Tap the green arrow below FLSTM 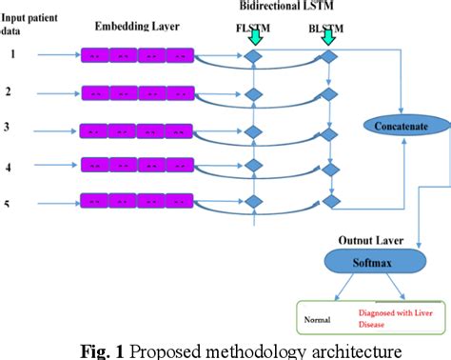[x=254, y=37]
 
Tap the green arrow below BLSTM [x=329, y=37]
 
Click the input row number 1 [x=12, y=54]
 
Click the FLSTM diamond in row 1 [x=254, y=57]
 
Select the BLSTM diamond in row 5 [x=329, y=202]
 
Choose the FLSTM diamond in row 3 [x=254, y=130]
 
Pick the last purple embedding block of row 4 [x=181, y=166]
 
